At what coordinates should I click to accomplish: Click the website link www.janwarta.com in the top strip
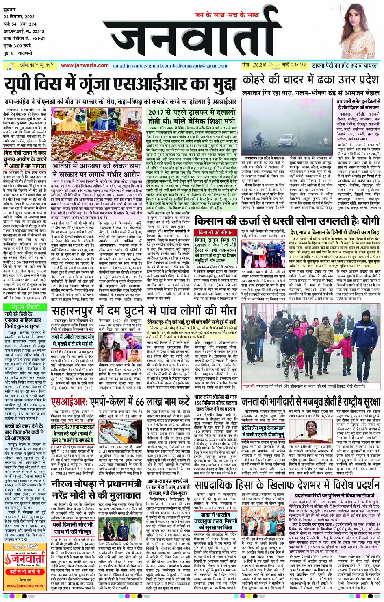85,65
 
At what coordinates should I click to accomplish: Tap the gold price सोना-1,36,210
254,65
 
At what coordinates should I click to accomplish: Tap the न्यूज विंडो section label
25,306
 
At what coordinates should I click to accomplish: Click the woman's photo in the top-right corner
360,31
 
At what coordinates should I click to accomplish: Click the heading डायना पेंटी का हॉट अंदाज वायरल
345,65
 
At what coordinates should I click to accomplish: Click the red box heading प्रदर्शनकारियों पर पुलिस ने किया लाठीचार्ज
334,495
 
